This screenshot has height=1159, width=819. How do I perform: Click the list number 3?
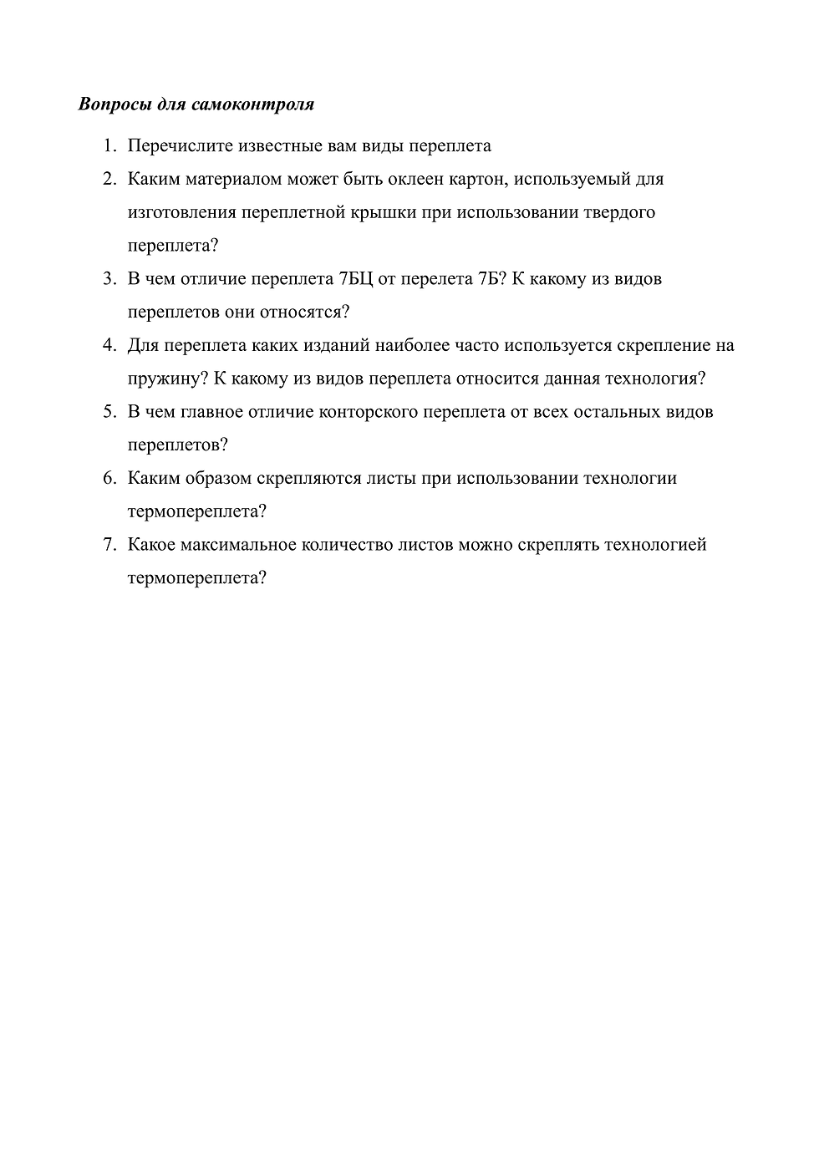click(109, 279)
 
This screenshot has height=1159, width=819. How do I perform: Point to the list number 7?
click(109, 545)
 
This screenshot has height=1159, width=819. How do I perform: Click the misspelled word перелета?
click(437, 279)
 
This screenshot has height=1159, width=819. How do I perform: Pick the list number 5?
click(109, 412)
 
